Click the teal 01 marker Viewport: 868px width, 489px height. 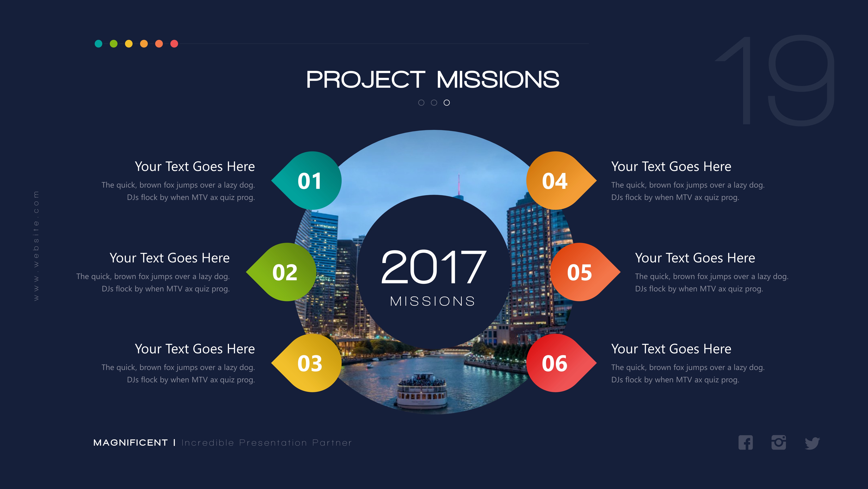tap(309, 181)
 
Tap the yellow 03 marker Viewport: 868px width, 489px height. tap(309, 363)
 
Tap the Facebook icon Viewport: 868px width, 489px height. tap(745, 443)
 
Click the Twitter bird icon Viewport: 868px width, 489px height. tap(812, 443)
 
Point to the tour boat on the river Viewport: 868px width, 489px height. tap(422, 391)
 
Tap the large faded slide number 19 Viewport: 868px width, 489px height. tap(775, 81)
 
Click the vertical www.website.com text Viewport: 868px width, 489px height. tap(36, 246)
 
